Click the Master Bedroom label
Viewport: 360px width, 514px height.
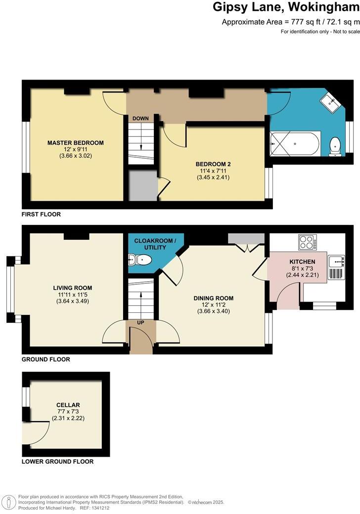point(75,143)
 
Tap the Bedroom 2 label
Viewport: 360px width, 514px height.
point(213,164)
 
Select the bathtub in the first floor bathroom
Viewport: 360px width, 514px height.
point(295,144)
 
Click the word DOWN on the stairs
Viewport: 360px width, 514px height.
point(140,119)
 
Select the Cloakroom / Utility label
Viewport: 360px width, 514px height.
point(154,244)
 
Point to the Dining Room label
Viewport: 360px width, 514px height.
point(213,298)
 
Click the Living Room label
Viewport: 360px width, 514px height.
point(72,288)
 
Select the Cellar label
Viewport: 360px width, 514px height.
point(68,405)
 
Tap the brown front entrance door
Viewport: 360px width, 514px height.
point(141,341)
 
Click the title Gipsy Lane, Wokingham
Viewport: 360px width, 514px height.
point(286,7)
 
